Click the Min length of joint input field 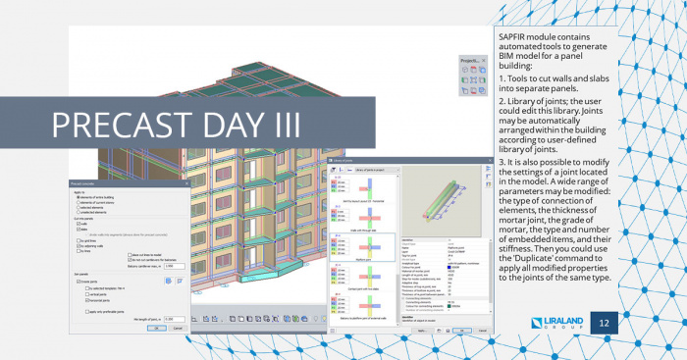pyautogui.click(x=173, y=319)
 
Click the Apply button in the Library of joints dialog pyautogui.click(x=422, y=333)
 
